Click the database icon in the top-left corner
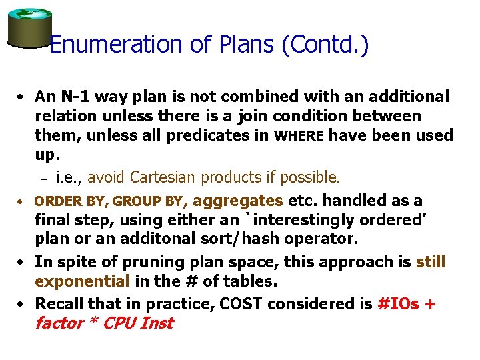[29, 27]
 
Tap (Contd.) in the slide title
[325, 45]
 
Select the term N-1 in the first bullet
[73, 97]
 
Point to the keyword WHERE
[299, 136]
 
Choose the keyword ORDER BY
[71, 201]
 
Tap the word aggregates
[241, 200]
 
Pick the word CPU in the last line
[117, 323]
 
